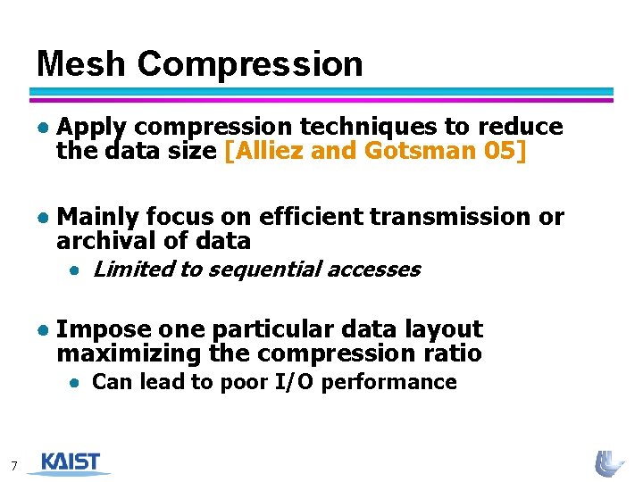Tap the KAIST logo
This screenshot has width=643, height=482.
tap(70, 463)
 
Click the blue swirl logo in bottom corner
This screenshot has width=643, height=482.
tap(611, 463)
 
